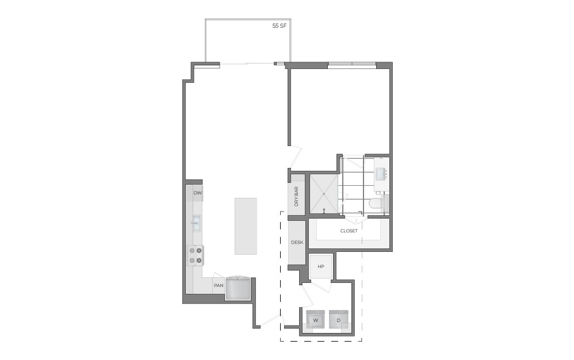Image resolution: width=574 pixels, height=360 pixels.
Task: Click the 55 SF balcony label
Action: click(x=280, y=26)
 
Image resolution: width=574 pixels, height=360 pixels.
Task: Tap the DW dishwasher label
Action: click(x=197, y=193)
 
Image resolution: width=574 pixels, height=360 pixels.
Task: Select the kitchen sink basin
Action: click(x=196, y=222)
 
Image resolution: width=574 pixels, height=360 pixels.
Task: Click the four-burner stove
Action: click(x=196, y=255)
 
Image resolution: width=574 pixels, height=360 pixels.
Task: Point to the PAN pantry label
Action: click(x=219, y=285)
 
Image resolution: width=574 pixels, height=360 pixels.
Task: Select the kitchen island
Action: click(x=246, y=226)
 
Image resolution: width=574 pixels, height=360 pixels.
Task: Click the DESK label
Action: click(x=297, y=242)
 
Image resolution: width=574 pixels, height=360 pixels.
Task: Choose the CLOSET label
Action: click(x=349, y=231)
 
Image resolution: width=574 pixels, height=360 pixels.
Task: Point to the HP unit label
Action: click(x=321, y=266)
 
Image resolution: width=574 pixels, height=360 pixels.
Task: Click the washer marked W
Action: click(x=315, y=320)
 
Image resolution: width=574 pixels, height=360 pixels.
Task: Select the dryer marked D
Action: click(x=339, y=320)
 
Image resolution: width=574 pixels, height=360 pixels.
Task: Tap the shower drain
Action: click(x=324, y=194)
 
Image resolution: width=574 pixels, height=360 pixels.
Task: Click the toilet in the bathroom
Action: click(x=376, y=202)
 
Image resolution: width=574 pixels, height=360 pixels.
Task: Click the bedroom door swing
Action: click(x=294, y=155)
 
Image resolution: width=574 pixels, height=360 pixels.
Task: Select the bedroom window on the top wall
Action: click(x=352, y=64)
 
